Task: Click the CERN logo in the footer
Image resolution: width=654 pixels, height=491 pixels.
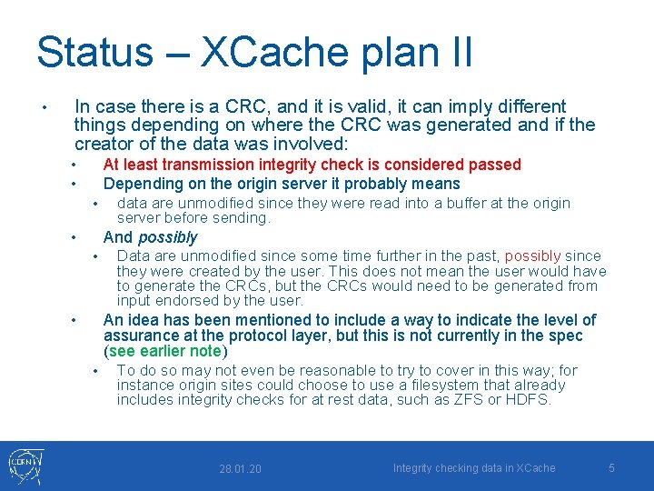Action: click(25, 466)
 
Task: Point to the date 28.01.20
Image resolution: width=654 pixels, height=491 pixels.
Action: click(240, 468)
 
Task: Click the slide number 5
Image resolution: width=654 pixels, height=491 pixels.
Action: click(611, 467)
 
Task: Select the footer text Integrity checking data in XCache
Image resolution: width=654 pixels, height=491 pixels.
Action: click(473, 467)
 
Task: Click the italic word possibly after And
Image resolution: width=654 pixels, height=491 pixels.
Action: click(167, 237)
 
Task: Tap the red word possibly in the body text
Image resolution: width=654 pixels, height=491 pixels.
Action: click(532, 256)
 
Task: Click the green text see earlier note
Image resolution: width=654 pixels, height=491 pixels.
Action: click(165, 351)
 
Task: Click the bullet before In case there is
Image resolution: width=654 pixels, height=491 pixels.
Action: click(45, 108)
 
